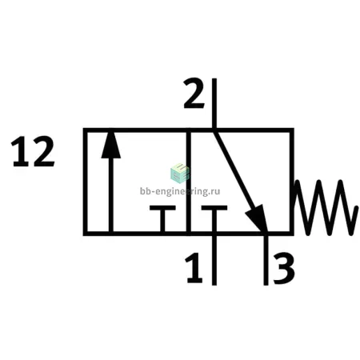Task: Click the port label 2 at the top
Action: [x=194, y=94]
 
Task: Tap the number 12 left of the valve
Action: [x=33, y=151]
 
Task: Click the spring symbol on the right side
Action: [x=326, y=207]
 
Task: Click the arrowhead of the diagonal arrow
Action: [x=258, y=218]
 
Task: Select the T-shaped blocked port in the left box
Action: [x=162, y=218]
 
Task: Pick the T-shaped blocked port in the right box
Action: [x=214, y=218]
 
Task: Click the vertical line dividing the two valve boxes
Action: [x=189, y=182]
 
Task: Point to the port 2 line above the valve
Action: [x=214, y=103]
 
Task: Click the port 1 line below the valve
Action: [x=214, y=260]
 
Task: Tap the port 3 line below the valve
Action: [x=266, y=260]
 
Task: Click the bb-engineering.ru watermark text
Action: [x=180, y=191]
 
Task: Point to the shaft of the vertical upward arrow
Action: [x=111, y=194]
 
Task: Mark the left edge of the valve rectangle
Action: [x=86, y=182]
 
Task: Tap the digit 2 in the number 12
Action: [x=43, y=151]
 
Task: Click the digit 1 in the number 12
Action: [x=20, y=151]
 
